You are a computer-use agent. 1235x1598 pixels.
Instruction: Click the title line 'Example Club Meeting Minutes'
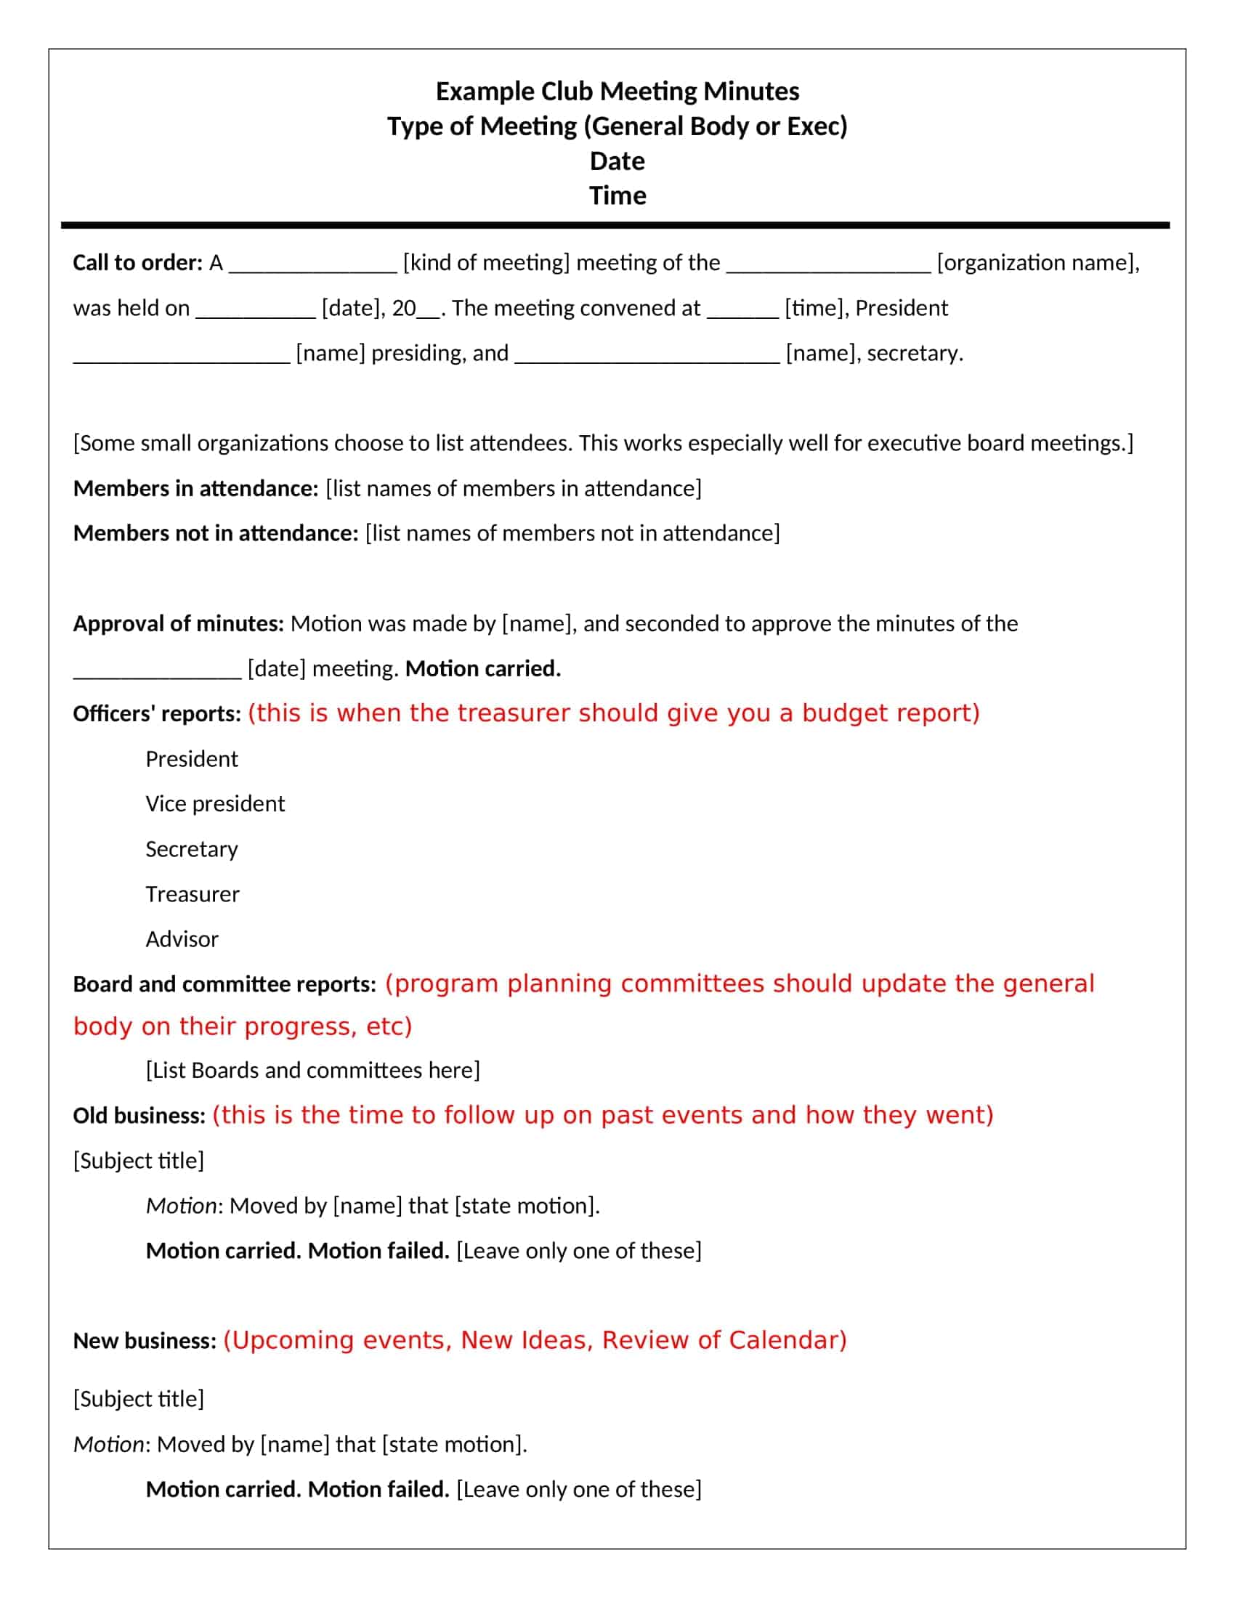[617, 92]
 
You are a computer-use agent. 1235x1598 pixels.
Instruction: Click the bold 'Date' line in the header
[617, 161]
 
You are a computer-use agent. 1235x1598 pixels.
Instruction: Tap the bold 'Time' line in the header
[617, 195]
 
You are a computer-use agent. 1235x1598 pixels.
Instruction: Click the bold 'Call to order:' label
[137, 263]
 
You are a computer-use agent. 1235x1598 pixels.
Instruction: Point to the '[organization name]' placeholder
[1037, 263]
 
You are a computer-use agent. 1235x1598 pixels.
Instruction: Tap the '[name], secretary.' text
[873, 354]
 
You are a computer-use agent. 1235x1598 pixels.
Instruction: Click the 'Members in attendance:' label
[195, 488]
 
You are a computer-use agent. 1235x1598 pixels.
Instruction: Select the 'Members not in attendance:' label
[215, 532]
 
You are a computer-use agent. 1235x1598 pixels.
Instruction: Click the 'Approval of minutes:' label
[178, 623]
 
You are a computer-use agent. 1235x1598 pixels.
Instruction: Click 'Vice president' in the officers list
[215, 803]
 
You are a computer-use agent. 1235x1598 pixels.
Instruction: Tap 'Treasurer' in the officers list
[193, 894]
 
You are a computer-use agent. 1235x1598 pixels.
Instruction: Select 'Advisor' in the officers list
[182, 938]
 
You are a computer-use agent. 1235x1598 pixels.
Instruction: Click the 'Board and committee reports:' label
[224, 984]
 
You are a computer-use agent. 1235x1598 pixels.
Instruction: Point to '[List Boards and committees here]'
[312, 1070]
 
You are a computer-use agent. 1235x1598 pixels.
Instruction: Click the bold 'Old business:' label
[139, 1115]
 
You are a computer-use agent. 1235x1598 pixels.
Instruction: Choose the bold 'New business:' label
[144, 1340]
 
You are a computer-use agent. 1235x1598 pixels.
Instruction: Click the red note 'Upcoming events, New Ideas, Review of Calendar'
[534, 1339]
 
